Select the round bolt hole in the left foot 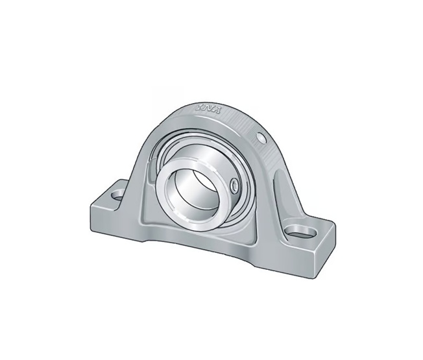click(117, 193)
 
